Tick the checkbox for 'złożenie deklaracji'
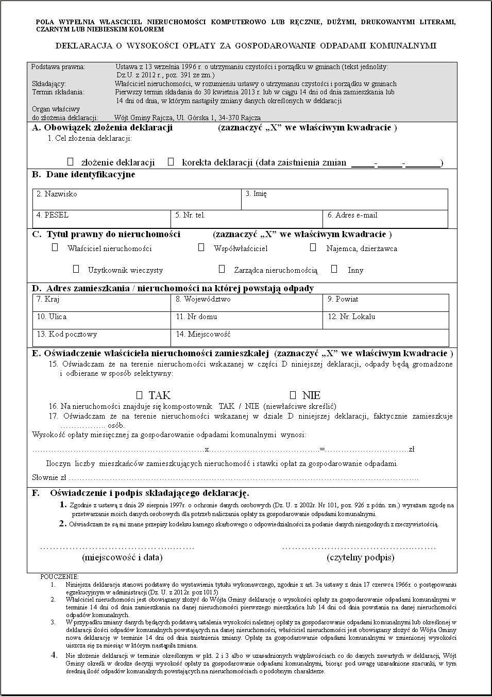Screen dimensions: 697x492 click(71, 162)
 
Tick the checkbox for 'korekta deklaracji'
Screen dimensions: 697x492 click(171, 162)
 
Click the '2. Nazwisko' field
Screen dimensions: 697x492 click(137, 200)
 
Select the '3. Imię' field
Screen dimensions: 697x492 click(344, 200)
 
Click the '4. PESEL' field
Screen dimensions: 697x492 click(101, 219)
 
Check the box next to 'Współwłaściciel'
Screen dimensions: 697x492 click(201, 247)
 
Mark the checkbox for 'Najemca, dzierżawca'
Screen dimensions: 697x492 click(313, 247)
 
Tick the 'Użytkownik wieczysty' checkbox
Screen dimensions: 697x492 click(76, 269)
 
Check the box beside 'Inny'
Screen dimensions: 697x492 click(334, 269)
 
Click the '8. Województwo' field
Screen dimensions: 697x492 click(246, 303)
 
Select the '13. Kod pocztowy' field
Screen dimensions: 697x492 click(101, 338)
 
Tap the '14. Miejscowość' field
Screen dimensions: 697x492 click(309, 338)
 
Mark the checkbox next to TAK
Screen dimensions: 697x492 click(139, 395)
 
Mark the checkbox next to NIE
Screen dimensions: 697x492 click(293, 395)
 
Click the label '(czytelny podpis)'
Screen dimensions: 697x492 click(360, 557)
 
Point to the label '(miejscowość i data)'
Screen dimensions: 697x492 click(122, 557)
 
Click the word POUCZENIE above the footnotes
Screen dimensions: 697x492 click(60, 577)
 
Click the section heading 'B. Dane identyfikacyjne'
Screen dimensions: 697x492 click(83, 175)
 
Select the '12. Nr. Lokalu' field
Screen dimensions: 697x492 click(385, 321)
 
